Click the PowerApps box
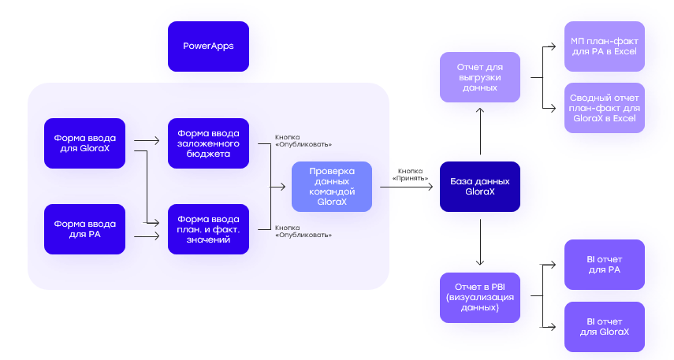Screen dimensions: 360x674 point(208,46)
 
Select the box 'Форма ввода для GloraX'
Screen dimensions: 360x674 point(85,143)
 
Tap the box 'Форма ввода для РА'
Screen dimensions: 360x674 point(85,228)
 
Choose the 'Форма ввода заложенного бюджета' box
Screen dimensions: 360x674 point(208,143)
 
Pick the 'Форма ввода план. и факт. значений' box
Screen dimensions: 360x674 point(208,228)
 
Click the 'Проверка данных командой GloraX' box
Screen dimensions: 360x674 point(331,186)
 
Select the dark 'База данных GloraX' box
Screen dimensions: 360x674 point(480,186)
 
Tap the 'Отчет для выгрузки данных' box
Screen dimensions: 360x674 point(480,77)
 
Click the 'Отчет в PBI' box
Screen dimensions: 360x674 point(480,297)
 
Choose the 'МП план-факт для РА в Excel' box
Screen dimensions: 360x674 point(605,46)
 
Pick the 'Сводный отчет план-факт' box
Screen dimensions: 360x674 point(605,107)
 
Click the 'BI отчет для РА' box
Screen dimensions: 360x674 point(605,265)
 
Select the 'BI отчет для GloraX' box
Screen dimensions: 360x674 point(605,326)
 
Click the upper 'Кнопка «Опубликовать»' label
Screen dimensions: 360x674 point(303,140)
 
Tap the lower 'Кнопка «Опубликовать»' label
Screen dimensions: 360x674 point(303,231)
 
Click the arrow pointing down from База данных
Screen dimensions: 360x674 point(480,244)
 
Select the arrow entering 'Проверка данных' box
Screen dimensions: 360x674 point(281,187)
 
